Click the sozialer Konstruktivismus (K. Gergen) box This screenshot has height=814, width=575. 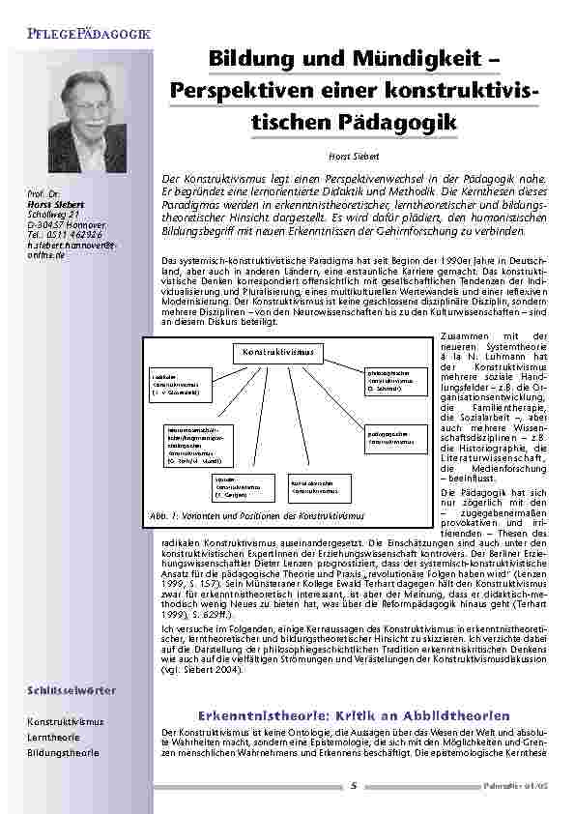point(233,487)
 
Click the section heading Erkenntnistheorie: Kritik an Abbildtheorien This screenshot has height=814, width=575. point(353,715)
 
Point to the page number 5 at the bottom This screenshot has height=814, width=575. point(354,785)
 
